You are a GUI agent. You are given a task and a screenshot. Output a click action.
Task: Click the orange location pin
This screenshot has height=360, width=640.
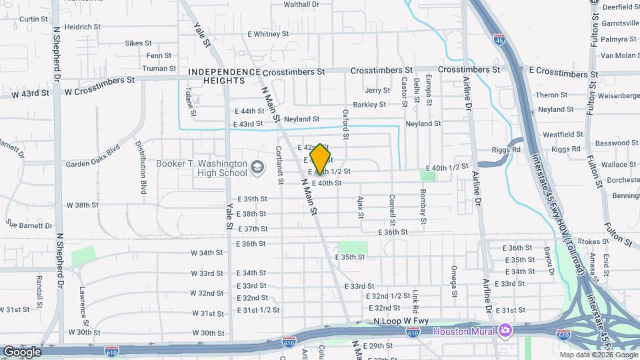click(x=321, y=159)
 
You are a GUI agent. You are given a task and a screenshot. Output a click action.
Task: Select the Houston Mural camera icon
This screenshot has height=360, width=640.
click(x=505, y=331)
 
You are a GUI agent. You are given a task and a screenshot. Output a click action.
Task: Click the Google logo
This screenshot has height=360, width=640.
click(x=22, y=352)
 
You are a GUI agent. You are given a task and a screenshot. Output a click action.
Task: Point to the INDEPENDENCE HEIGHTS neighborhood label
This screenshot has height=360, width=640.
click(x=224, y=76)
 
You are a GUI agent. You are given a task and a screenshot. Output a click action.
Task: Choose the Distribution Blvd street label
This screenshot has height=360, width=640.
click(x=141, y=163)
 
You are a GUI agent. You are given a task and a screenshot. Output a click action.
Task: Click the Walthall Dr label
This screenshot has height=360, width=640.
click(x=301, y=4)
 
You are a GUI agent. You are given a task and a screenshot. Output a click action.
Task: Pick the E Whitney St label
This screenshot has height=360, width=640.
click(x=268, y=33)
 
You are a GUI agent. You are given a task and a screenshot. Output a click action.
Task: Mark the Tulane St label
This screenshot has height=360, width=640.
click(x=189, y=99)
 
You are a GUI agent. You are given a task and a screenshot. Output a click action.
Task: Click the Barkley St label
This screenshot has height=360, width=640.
click(x=369, y=105)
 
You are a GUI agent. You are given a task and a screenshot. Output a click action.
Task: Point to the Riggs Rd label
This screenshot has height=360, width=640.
click(x=507, y=150)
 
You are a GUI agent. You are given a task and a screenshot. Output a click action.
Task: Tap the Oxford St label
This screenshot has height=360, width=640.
click(x=346, y=125)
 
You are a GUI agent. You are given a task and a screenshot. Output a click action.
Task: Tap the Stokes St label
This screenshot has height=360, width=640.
click(x=589, y=242)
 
